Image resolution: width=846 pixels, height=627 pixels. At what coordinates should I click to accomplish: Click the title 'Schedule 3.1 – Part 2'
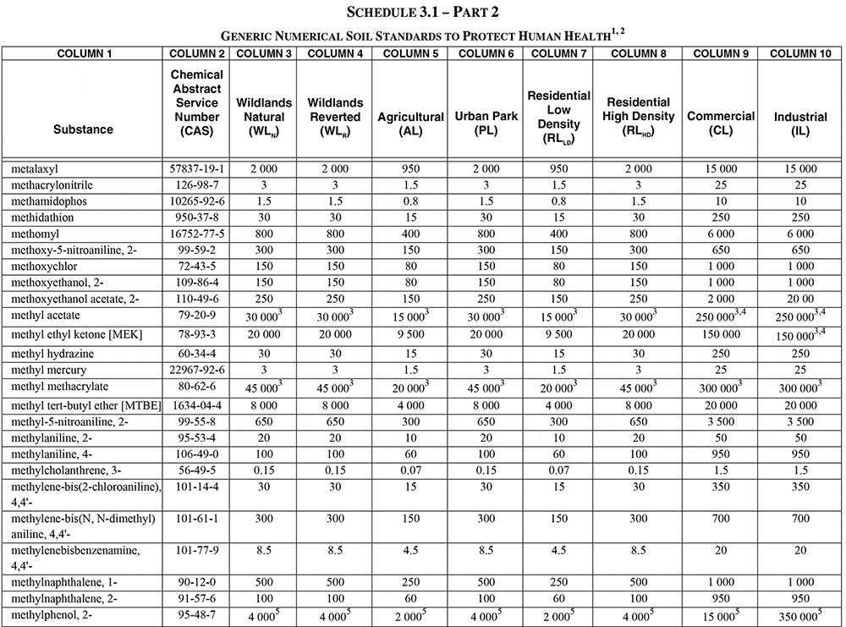pos(422,13)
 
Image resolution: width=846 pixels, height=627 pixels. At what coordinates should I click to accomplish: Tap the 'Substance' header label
pos(83,129)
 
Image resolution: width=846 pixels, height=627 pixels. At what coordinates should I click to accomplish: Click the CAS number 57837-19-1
pos(197,169)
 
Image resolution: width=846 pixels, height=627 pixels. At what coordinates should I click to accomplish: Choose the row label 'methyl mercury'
pos(49,371)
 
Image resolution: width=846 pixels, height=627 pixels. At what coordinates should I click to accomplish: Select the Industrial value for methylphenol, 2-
pos(796,616)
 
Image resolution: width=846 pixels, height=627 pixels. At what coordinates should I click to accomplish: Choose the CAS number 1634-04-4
pos(197,406)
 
